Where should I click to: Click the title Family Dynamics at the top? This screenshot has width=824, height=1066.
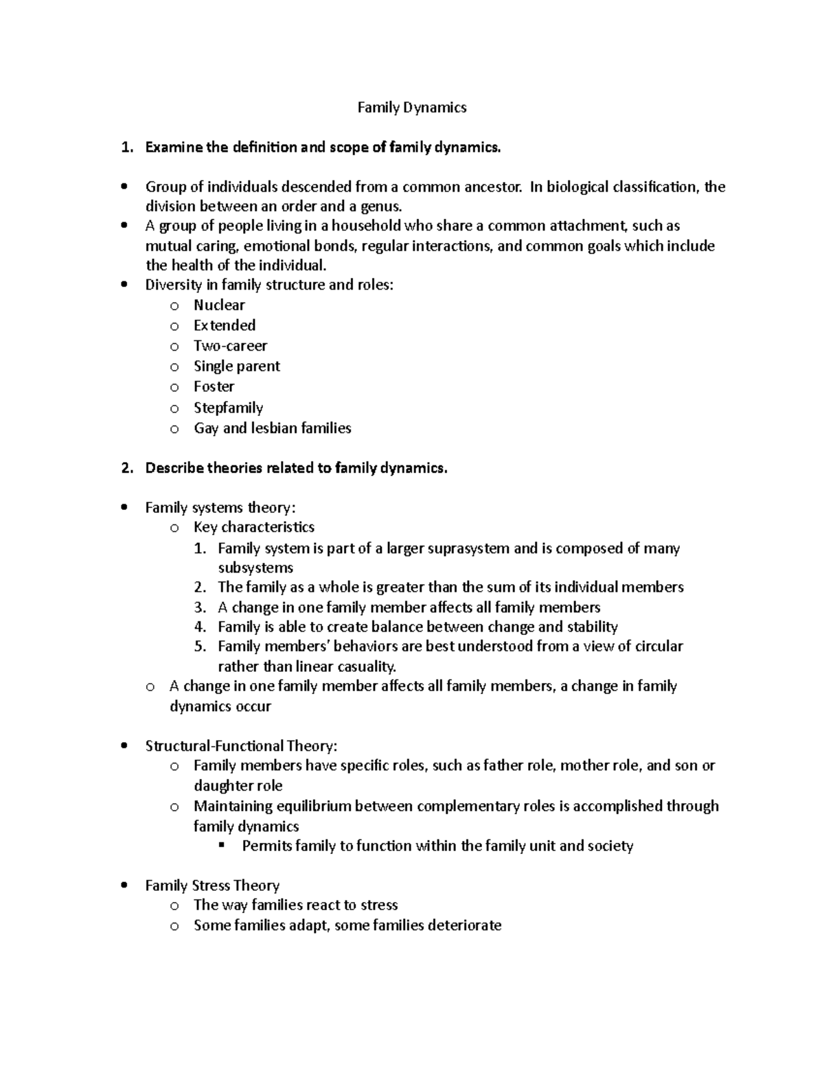point(412,107)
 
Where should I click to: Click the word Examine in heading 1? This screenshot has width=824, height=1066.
point(174,147)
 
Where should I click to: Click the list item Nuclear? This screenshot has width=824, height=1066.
point(219,305)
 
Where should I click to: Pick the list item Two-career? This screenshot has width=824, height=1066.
point(230,346)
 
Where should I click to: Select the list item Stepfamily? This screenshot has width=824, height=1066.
point(228,408)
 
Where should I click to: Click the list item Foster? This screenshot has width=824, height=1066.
point(214,386)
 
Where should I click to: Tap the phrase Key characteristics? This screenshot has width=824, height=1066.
point(254,527)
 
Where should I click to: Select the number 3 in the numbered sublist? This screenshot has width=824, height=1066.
point(200,607)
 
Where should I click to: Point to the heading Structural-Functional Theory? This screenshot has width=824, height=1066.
point(241,746)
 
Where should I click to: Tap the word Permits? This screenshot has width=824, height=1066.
point(267,846)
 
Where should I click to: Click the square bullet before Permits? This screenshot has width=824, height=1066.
point(221,845)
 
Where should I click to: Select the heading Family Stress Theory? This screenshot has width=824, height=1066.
point(212,885)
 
